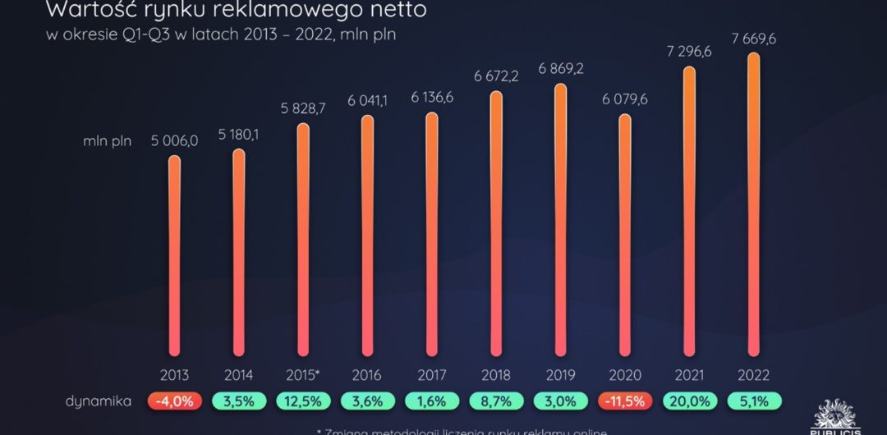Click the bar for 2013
[174, 254]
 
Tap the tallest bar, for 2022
[753, 205]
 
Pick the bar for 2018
[496, 222]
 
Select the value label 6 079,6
[625, 98]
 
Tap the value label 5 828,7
[303, 108]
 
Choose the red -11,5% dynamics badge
[625, 401]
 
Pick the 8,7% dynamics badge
[496, 401]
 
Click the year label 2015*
[303, 375]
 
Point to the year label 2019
[560, 375]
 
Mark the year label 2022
[753, 375]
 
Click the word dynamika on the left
[99, 401]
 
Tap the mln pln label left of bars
[107, 140]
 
